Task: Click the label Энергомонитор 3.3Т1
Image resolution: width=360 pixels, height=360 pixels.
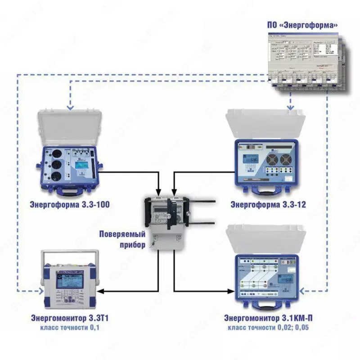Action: (x=70, y=319)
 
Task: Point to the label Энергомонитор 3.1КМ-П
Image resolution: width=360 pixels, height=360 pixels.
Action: (x=268, y=319)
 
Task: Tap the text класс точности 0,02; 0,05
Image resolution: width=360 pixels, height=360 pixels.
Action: (x=268, y=328)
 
